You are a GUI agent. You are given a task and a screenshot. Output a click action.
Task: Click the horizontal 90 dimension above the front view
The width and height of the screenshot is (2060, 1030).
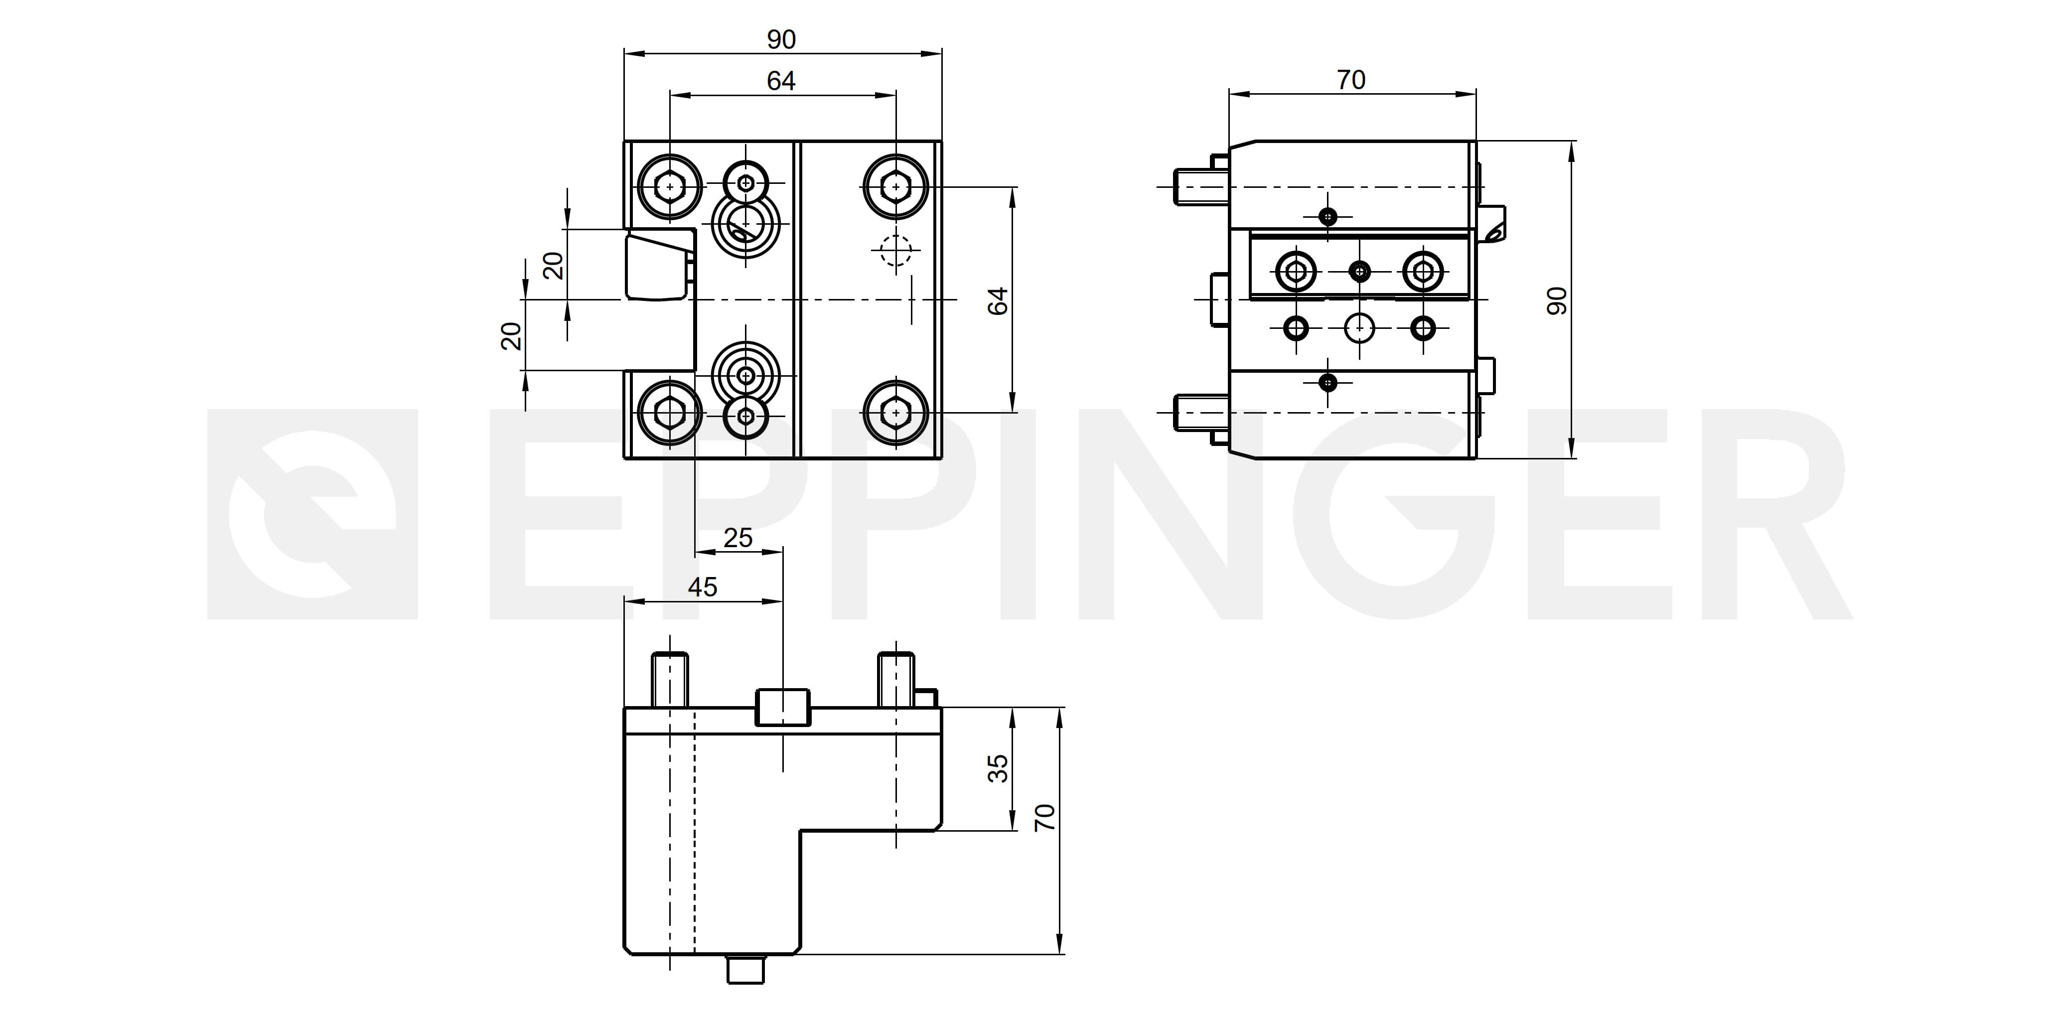pos(781,39)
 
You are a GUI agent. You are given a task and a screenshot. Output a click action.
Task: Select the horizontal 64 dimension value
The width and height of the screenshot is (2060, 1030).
pos(781,81)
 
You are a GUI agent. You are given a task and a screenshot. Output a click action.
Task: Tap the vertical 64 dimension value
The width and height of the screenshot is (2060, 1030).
pos(998,300)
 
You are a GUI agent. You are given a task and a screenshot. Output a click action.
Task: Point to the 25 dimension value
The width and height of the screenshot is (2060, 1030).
pos(738,537)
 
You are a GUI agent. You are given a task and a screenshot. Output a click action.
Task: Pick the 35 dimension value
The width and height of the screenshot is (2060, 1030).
pos(998,768)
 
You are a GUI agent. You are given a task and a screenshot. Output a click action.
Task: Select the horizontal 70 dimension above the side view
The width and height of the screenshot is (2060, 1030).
pos(1351,80)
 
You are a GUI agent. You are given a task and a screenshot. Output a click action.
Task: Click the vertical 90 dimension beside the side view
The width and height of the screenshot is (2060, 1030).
pos(1558,300)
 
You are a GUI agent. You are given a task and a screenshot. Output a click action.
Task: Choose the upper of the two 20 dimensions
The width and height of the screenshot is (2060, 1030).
pos(554,265)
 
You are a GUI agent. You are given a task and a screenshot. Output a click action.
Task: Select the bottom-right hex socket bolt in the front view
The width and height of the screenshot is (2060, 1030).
pos(895,413)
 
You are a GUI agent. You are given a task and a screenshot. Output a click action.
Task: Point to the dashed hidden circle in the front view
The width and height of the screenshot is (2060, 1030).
pos(895,250)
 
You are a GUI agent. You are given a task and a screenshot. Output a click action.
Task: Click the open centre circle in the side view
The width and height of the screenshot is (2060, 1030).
pos(1359,328)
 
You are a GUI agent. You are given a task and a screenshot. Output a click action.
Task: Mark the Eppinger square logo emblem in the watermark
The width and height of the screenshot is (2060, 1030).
pos(312,514)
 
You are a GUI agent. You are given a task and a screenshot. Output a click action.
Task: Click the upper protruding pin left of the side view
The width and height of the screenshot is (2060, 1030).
pos(1201,186)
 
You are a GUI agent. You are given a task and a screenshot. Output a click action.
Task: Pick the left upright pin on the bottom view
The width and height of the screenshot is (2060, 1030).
pos(670,680)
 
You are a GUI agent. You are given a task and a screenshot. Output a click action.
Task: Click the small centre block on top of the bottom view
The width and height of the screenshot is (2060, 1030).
pos(782,706)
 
